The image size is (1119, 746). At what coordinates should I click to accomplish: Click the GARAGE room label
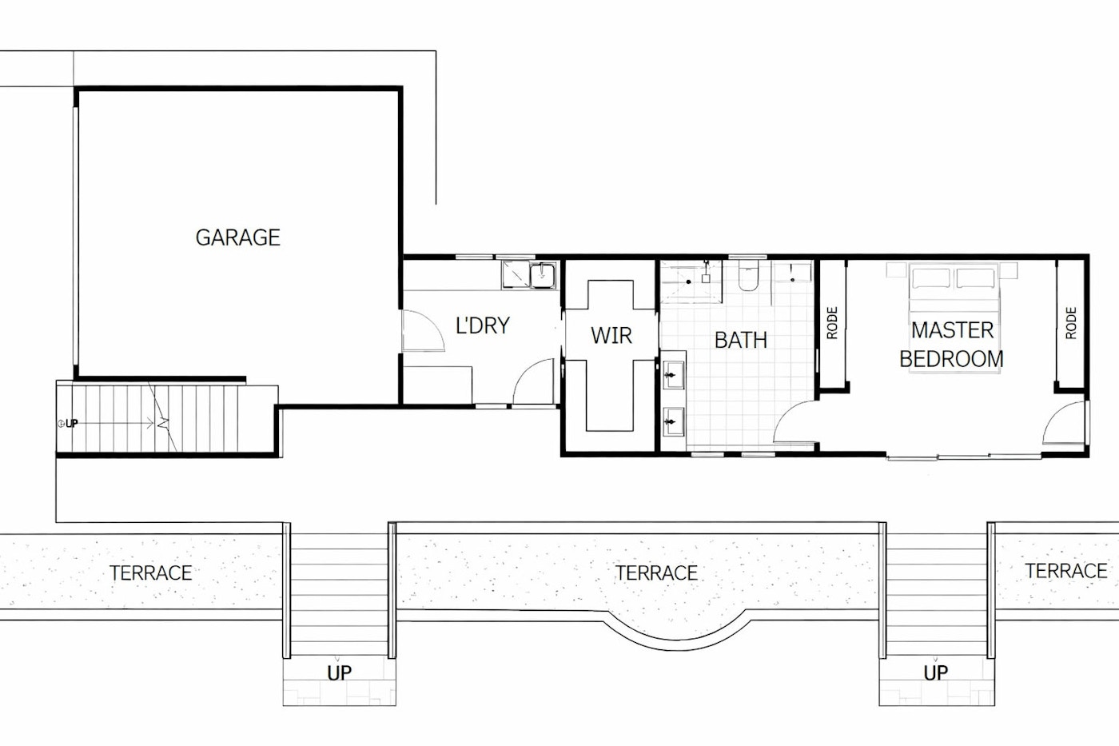click(x=238, y=237)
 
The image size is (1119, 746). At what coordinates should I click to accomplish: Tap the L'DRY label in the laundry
click(x=483, y=325)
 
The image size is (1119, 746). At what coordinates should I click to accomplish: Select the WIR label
click(x=611, y=335)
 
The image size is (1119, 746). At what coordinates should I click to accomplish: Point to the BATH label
click(x=741, y=341)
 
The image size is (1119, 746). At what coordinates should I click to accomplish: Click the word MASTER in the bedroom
click(x=953, y=330)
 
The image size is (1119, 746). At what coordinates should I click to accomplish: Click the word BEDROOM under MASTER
click(x=952, y=359)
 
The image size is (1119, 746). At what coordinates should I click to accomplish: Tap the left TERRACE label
click(x=151, y=573)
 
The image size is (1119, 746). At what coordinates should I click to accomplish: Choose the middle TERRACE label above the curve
click(x=656, y=573)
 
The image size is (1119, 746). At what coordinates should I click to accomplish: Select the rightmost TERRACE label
click(x=1066, y=571)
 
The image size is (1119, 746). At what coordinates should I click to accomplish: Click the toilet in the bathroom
click(x=748, y=277)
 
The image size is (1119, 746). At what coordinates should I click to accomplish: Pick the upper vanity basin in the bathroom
click(x=673, y=375)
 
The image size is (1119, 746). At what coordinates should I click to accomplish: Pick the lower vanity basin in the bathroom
click(x=673, y=422)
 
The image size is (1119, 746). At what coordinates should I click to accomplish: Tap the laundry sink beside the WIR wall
click(x=543, y=275)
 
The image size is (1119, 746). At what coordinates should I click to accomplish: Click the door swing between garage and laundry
click(x=423, y=330)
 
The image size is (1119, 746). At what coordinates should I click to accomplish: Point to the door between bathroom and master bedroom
click(x=795, y=422)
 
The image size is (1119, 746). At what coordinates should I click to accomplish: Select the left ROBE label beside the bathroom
click(x=832, y=323)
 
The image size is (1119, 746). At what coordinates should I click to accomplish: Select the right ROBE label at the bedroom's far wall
click(x=1070, y=323)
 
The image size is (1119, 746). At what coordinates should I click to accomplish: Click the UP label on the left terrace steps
click(x=339, y=673)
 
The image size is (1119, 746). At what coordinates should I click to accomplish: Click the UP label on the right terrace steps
click(x=936, y=673)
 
